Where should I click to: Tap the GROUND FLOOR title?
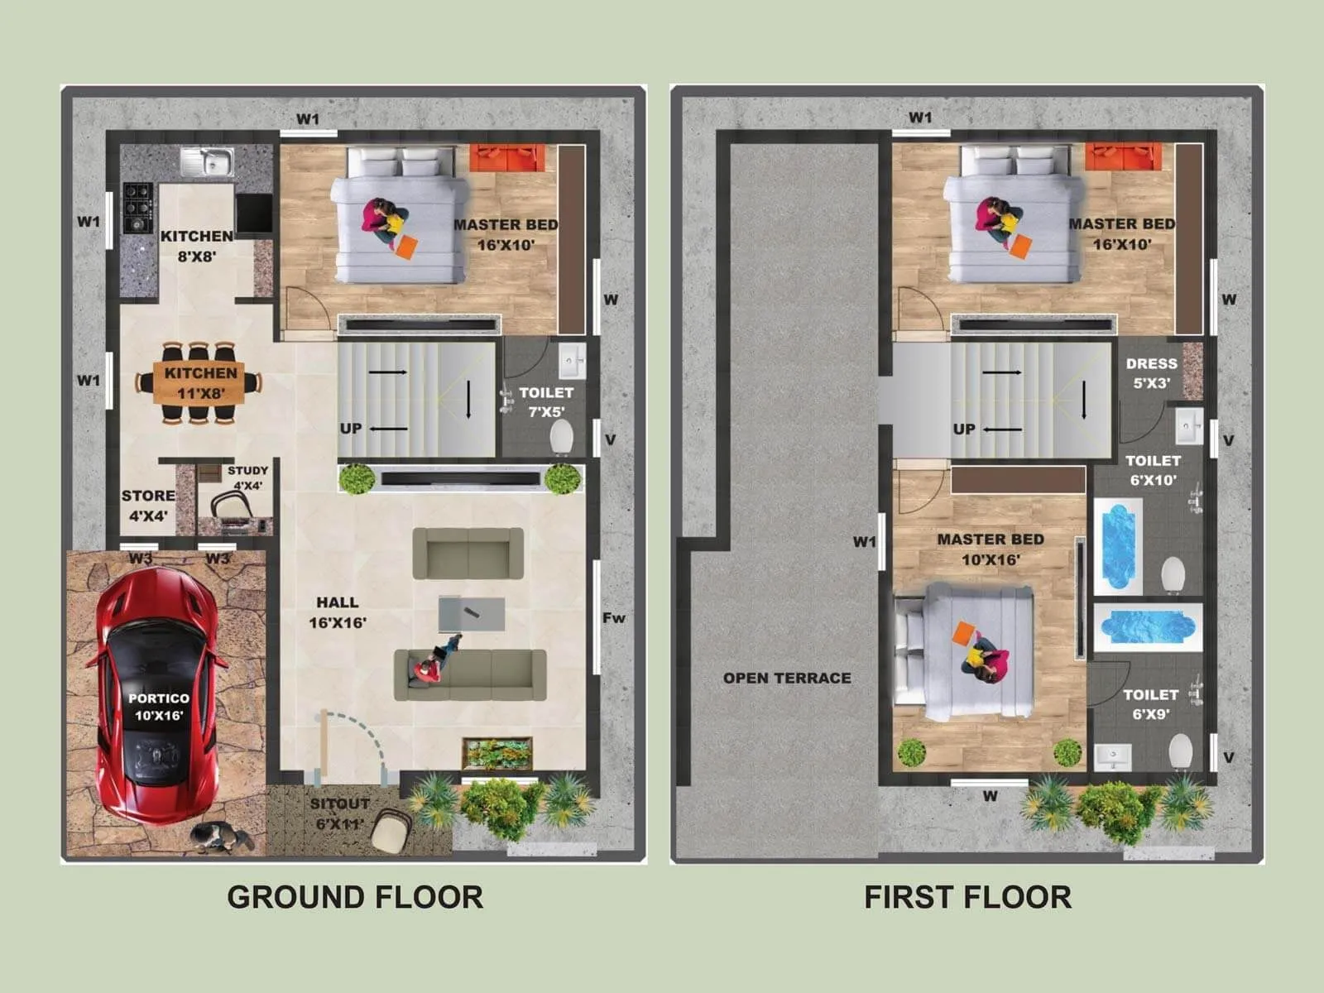point(355,897)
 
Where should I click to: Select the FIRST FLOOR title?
point(967,897)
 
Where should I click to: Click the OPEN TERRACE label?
point(787,678)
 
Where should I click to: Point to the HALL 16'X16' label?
point(338,612)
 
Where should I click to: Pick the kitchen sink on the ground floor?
point(207,162)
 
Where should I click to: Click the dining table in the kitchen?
point(199,383)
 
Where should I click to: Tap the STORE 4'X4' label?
point(148,506)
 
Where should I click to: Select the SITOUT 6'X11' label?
point(339,813)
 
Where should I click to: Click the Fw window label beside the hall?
point(614,617)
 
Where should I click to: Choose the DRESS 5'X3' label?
point(1151,372)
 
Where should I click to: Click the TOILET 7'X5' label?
point(546,401)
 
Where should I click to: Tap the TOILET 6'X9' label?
point(1150,703)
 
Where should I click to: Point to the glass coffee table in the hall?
point(471,614)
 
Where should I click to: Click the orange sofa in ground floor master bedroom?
point(508,157)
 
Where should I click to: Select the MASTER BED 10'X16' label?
point(990,549)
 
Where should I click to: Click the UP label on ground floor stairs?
point(351,428)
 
